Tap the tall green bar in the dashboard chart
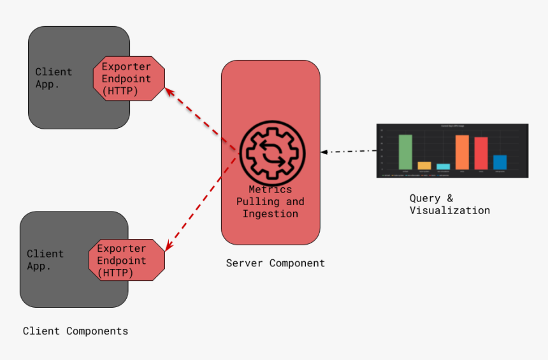pos(405,152)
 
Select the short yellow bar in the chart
pos(424,165)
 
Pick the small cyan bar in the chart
pos(443,166)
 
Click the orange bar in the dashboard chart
pos(462,152)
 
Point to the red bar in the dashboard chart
pos(481,153)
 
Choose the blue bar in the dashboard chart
pos(500,162)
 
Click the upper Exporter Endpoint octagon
pos(129,78)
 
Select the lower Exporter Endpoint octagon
pos(126,260)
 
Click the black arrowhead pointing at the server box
pos(324,152)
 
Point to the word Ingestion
pos(270,214)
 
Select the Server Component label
pos(275,263)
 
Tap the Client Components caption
pos(75,331)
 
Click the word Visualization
pos(449,210)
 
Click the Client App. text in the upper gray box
pos(54,78)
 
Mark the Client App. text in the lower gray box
pos(45,260)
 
